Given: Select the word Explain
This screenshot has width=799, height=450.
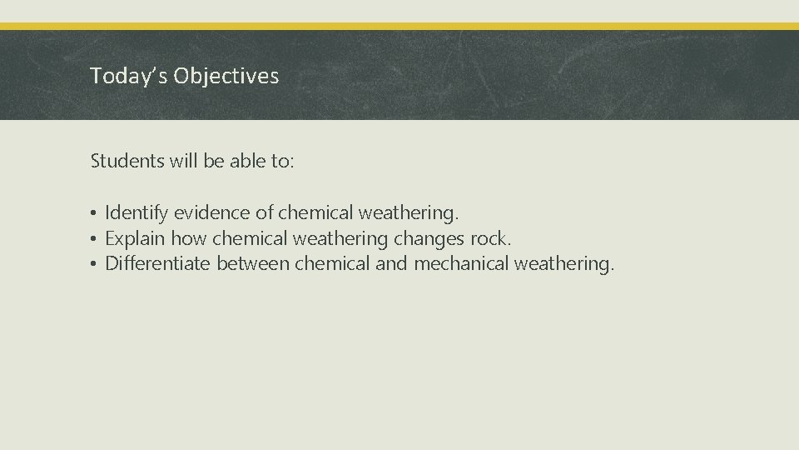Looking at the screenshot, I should coord(135,239).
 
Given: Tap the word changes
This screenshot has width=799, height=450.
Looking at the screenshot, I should coord(429,239).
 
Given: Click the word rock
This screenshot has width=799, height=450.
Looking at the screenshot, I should coord(491,239).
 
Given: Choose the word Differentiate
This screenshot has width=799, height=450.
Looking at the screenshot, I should coord(158,265).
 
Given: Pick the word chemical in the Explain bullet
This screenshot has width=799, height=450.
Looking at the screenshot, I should coord(247,239).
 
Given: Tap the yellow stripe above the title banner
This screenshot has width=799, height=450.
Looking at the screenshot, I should coord(399,26).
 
